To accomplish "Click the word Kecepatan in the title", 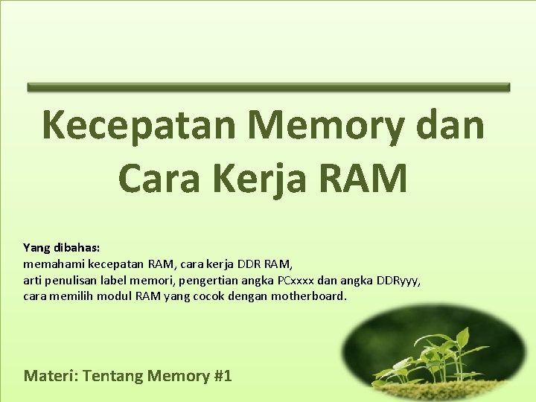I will coord(138,125).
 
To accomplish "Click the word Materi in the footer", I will coord(51,375).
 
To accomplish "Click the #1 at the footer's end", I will coord(223,375).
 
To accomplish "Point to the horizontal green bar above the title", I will coord(268,87).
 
